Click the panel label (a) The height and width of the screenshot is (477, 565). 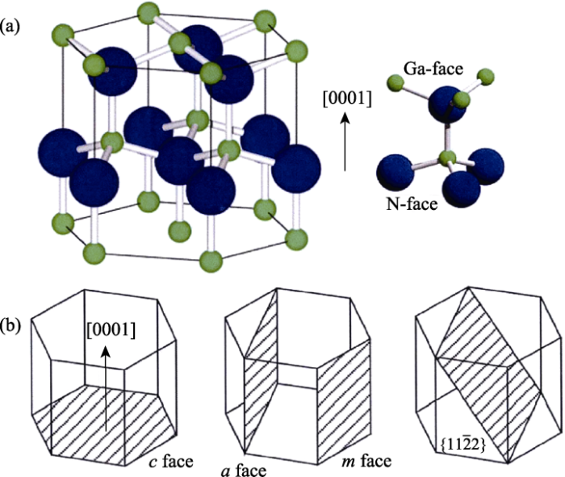(x=10, y=27)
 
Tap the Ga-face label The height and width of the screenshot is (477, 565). (x=433, y=69)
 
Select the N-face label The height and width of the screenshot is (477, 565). (x=412, y=204)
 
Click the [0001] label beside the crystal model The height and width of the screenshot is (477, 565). (x=347, y=98)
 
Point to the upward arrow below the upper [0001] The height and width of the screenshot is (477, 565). (x=345, y=141)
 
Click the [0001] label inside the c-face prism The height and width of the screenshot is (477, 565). (x=111, y=329)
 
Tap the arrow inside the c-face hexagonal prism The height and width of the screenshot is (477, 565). (x=106, y=388)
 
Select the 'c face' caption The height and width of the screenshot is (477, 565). (x=171, y=462)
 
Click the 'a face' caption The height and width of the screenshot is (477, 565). (x=244, y=471)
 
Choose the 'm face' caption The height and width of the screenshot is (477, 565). (x=366, y=461)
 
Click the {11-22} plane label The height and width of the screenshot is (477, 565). (x=463, y=445)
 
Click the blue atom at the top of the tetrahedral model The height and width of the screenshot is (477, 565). (x=447, y=104)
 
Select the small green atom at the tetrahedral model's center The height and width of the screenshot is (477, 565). (x=447, y=158)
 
